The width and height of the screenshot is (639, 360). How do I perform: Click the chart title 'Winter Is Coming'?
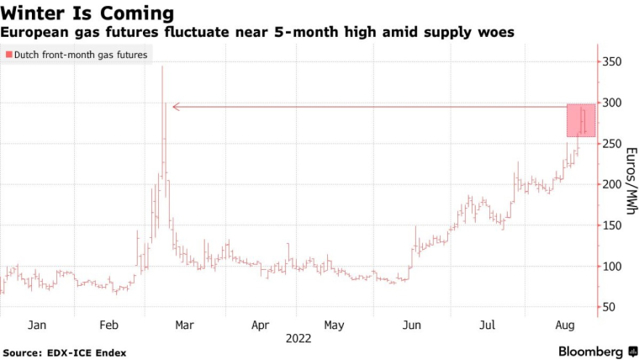pyautogui.click(x=87, y=13)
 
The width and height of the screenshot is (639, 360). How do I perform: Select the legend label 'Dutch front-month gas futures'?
pyautogui.click(x=82, y=55)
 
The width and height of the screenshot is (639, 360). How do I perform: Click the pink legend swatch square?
pyautogui.click(x=8, y=55)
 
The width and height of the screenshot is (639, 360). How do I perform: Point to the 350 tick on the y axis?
pyautogui.click(x=611, y=62)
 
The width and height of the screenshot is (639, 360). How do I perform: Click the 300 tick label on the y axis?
pyautogui.click(x=611, y=103)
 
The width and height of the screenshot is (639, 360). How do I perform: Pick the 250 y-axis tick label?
pyautogui.click(x=611, y=144)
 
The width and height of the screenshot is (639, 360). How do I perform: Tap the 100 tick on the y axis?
pyautogui.click(x=611, y=267)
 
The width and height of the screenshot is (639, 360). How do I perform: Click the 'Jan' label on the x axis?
pyautogui.click(x=36, y=325)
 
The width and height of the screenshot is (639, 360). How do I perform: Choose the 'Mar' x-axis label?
pyautogui.click(x=185, y=325)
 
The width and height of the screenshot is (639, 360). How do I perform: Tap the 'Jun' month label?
pyautogui.click(x=413, y=325)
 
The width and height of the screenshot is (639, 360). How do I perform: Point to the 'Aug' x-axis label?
pyautogui.click(x=564, y=325)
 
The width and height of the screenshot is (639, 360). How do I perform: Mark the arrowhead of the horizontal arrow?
pyautogui.click(x=175, y=107)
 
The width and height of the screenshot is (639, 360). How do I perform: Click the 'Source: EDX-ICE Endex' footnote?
pyautogui.click(x=65, y=352)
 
